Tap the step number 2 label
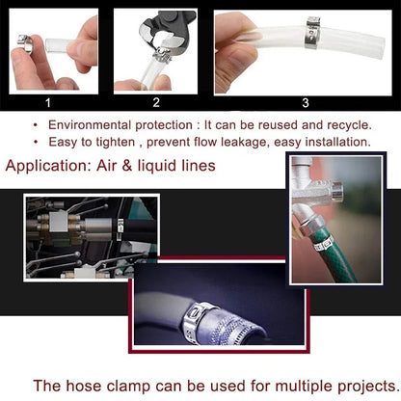pos(155,101)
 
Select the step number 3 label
pos(304,101)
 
